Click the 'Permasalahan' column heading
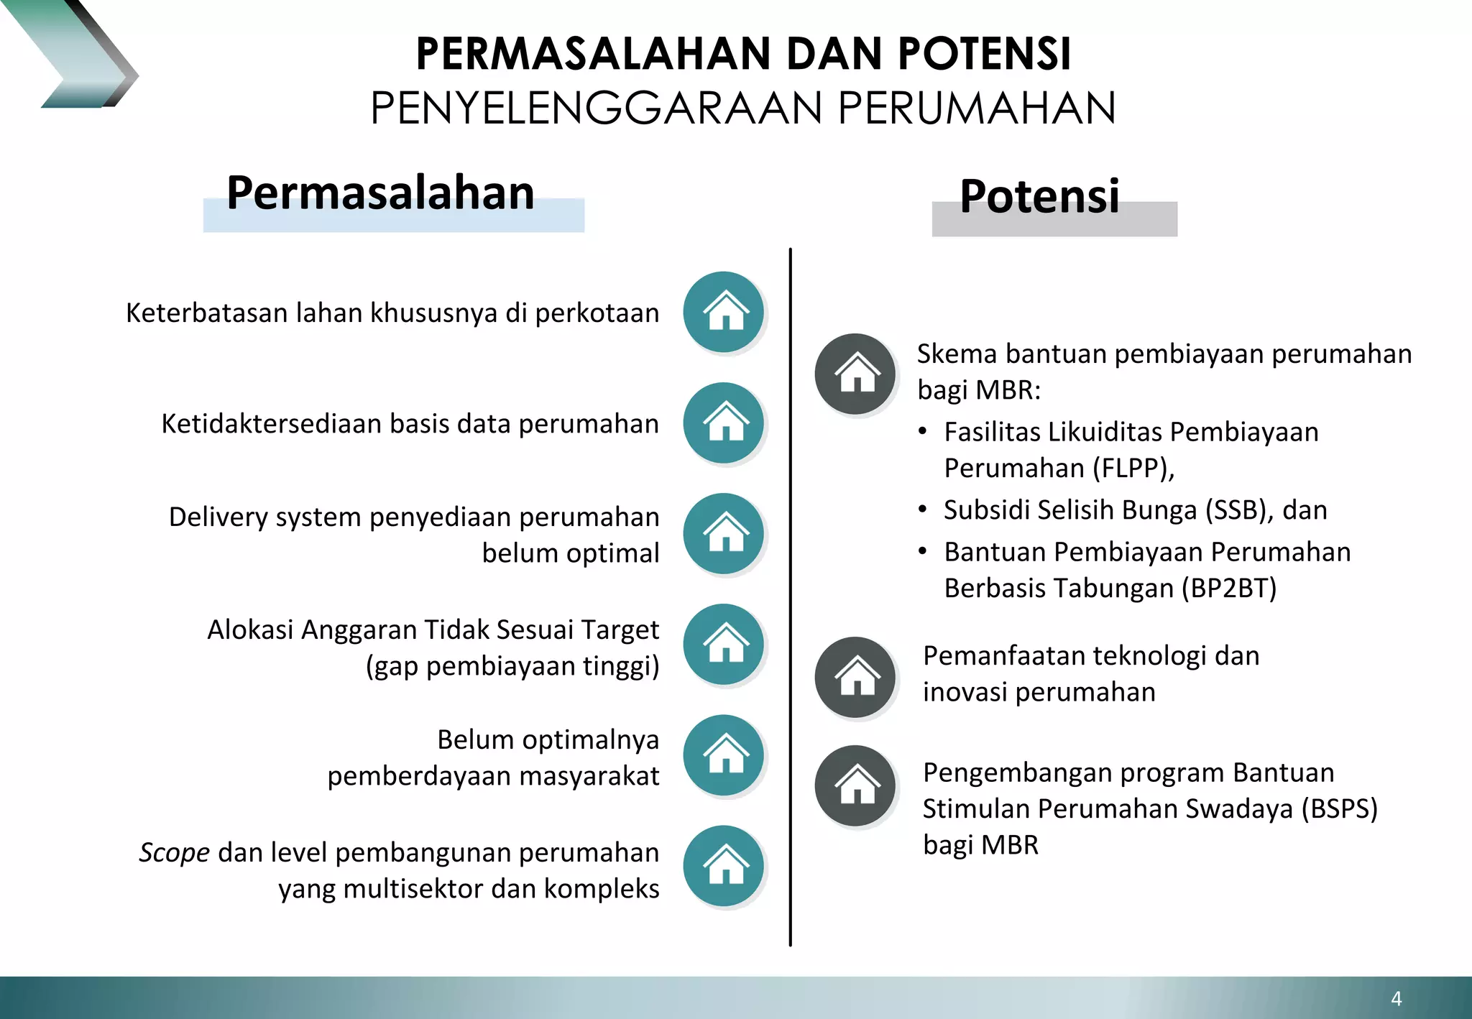tap(380, 194)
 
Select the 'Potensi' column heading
tap(1039, 197)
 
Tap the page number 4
tap(1397, 998)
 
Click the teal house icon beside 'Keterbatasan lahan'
tap(724, 312)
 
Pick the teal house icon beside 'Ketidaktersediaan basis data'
tap(724, 423)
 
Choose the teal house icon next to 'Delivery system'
tap(724, 533)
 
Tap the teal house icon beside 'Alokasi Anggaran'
tap(724, 644)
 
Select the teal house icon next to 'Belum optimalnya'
tap(724, 755)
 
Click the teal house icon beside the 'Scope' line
tap(724, 865)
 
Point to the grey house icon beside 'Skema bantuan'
tap(855, 374)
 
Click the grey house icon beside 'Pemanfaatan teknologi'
tap(855, 677)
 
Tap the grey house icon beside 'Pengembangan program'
tap(855, 785)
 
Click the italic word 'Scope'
tap(175, 853)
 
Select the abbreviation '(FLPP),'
tap(1133, 469)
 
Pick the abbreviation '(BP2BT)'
tap(1229, 589)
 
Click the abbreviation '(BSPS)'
tap(1340, 809)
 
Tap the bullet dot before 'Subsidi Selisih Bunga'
tap(923, 509)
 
